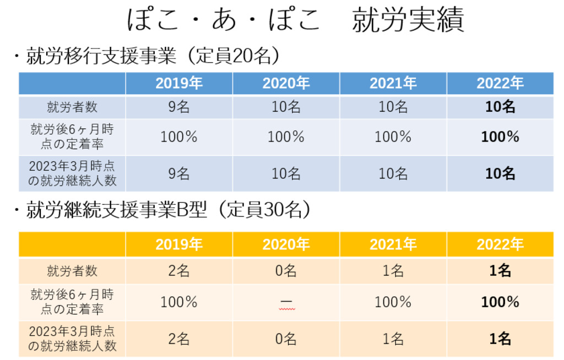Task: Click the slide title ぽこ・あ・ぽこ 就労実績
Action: point(295,20)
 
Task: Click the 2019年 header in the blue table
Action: point(179,84)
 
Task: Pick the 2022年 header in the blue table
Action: point(500,84)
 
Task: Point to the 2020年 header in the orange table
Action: point(286,244)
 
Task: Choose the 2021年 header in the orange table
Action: point(393,244)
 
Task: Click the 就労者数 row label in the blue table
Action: point(72,107)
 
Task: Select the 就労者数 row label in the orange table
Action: point(72,271)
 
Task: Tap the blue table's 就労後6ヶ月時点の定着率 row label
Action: point(72,137)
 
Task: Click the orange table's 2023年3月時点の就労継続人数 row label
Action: point(72,339)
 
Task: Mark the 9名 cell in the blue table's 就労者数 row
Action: point(179,107)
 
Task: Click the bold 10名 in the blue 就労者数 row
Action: point(500,107)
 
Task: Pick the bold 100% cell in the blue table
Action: point(500,137)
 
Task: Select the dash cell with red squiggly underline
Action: point(286,303)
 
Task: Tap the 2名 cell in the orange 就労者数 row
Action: point(179,271)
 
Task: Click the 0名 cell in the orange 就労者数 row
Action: point(286,271)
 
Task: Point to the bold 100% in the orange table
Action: point(500,302)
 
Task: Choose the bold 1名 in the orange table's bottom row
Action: point(500,339)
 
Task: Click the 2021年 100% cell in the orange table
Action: point(393,302)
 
